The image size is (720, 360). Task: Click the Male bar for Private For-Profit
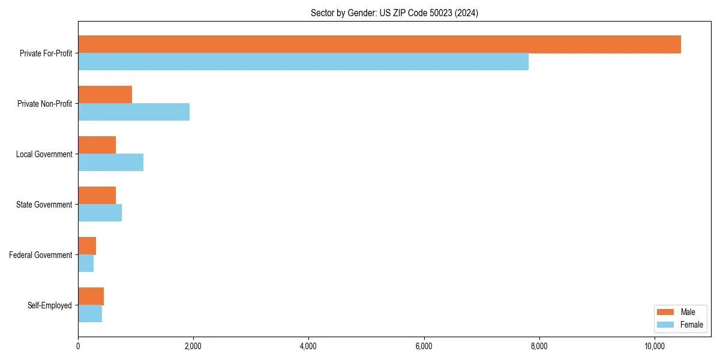(x=379, y=44)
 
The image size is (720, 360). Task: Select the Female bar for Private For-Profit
(x=303, y=62)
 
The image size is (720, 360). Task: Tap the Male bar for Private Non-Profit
(x=105, y=95)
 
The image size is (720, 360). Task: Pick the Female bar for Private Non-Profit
(x=134, y=112)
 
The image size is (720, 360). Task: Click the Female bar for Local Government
(x=110, y=163)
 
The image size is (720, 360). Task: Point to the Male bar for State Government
(x=97, y=196)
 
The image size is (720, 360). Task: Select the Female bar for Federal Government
(x=86, y=263)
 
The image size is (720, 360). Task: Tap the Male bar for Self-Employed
(x=91, y=296)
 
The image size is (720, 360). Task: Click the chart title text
(x=394, y=13)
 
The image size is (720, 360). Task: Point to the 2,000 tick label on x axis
(x=193, y=346)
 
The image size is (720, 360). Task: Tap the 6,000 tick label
(x=424, y=346)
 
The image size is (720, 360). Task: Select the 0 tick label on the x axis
(x=78, y=346)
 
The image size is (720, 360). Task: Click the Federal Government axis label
(x=41, y=255)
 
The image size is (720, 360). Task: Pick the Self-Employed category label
(x=50, y=305)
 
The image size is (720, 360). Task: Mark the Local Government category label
(x=44, y=154)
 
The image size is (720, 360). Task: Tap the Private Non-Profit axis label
(x=45, y=104)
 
